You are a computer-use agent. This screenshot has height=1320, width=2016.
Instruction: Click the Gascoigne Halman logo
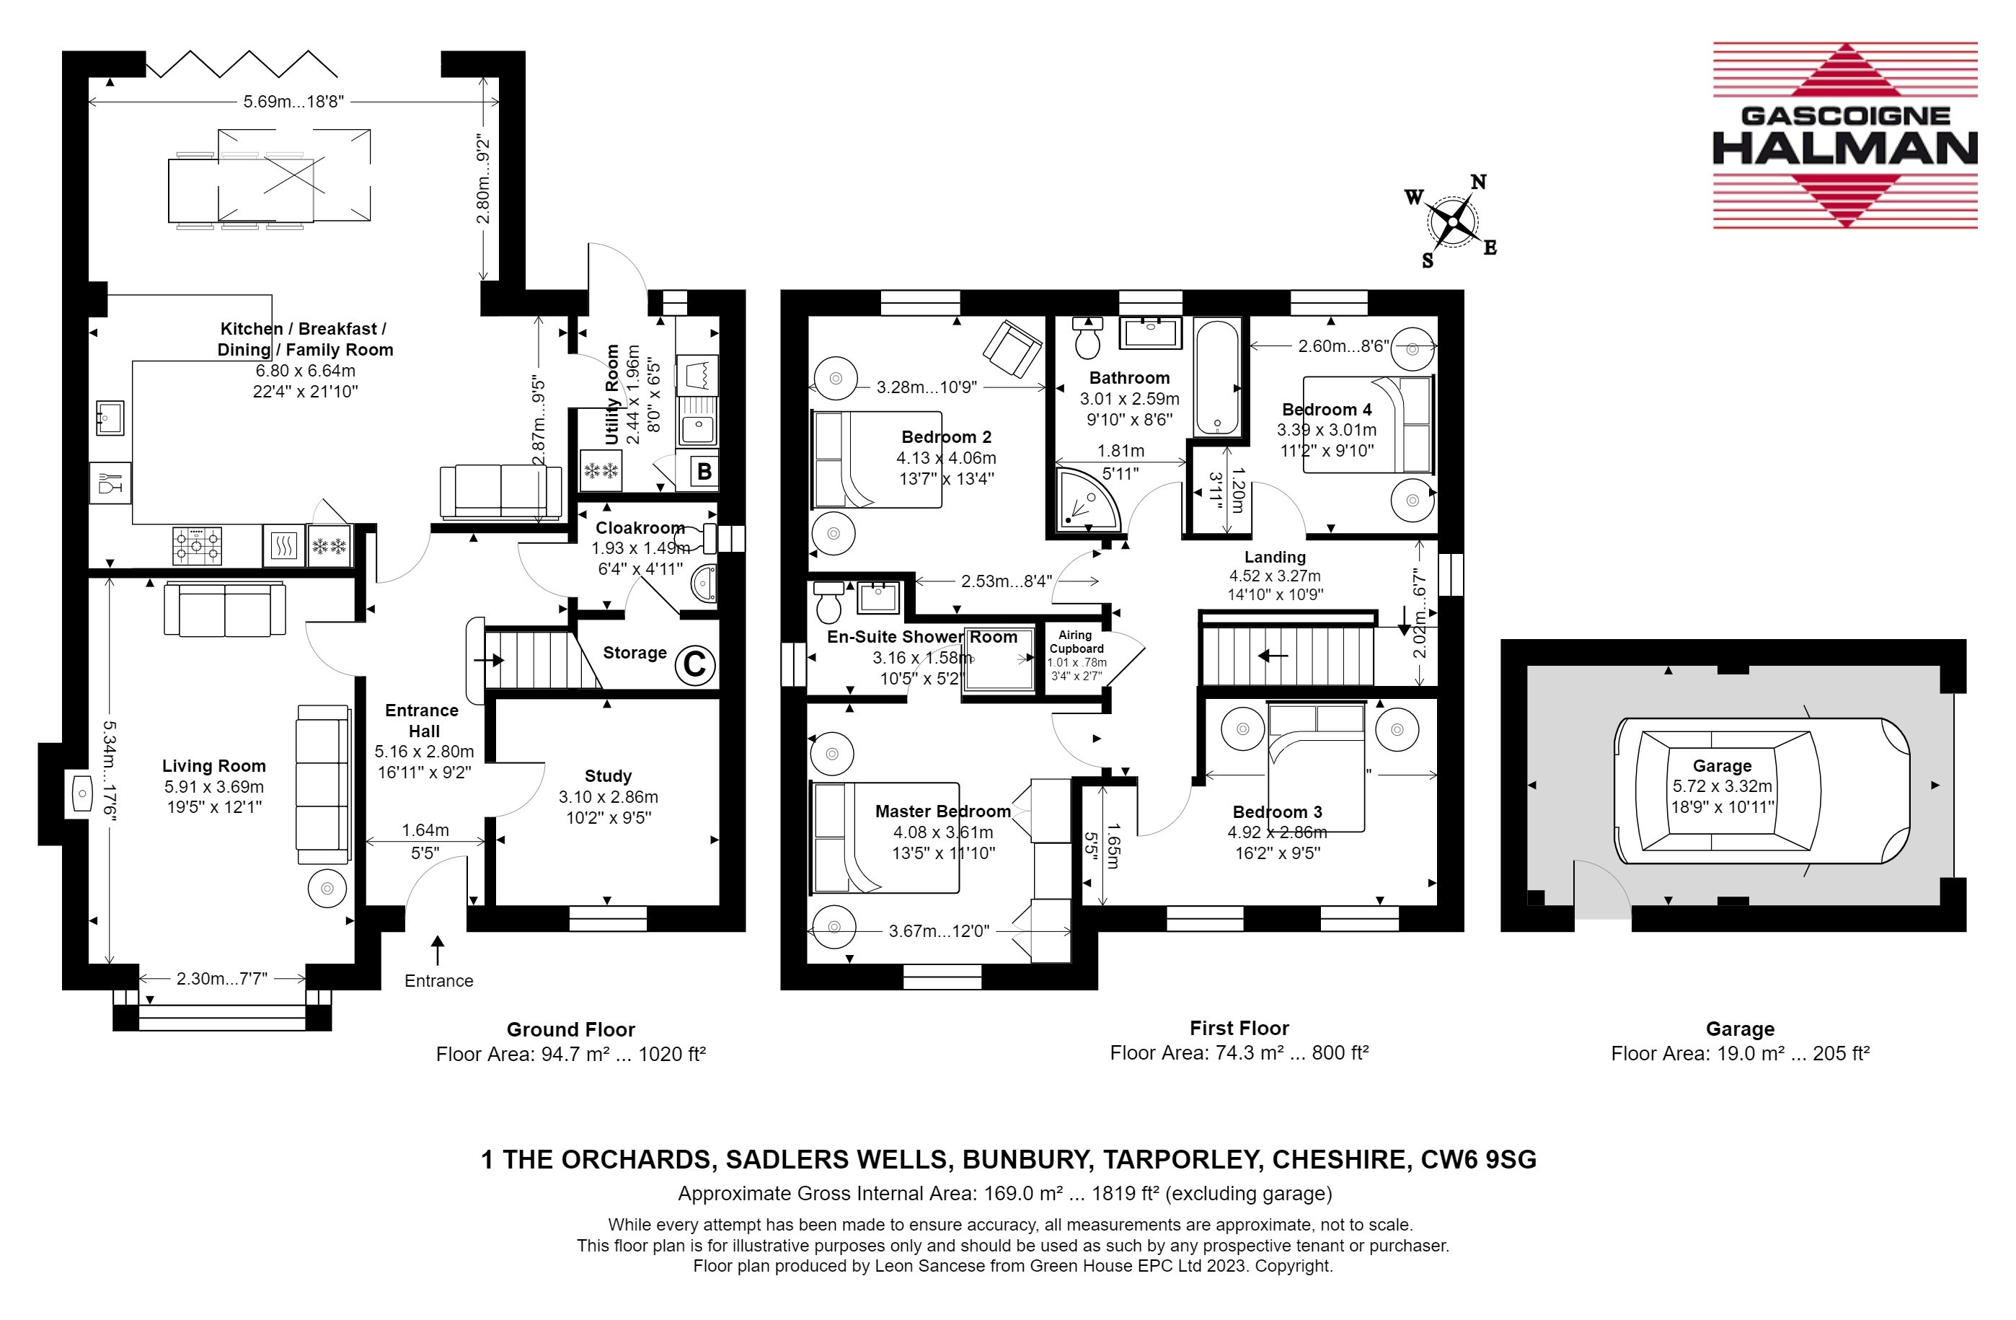(1845, 136)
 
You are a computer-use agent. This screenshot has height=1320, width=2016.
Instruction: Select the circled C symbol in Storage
(694, 664)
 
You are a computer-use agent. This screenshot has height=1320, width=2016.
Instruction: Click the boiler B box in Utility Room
(704, 471)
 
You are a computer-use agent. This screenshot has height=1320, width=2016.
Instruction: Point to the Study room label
(608, 776)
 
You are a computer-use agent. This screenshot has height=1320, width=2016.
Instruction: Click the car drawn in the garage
(1762, 791)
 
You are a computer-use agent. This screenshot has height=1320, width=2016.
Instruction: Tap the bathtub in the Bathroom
(1216, 377)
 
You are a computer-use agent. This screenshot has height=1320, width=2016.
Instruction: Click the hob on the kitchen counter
(198, 545)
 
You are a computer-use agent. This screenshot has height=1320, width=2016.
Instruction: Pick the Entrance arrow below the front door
(437, 950)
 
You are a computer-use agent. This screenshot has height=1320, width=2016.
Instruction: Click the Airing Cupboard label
(1076, 641)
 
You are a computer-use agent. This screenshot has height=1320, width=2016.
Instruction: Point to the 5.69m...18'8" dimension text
(294, 102)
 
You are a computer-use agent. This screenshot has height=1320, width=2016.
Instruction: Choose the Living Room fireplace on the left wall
(81, 794)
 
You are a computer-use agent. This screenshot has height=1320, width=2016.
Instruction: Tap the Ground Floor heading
(571, 1029)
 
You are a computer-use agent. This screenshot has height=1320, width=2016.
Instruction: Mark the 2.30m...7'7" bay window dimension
(222, 979)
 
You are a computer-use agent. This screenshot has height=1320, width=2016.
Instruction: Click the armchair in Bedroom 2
(1012, 348)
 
